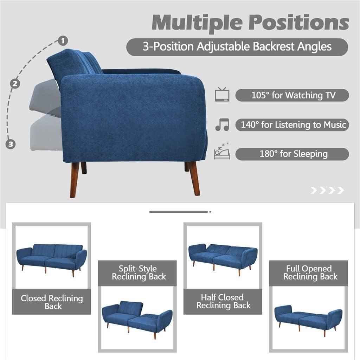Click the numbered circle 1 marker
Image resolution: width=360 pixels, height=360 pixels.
coord(63,41)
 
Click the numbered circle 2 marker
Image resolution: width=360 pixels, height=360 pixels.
coord(14,84)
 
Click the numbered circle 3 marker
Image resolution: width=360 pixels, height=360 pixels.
coord(11,144)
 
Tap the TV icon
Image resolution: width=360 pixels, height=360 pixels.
coord(222,95)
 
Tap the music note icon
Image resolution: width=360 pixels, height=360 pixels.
coord(222,124)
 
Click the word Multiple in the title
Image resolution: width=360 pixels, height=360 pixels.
coord(197,22)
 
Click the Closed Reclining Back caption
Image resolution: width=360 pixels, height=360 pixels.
coord(52,302)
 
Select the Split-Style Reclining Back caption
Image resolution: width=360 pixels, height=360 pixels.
coord(137,273)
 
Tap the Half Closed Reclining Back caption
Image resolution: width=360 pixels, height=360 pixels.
coord(223,302)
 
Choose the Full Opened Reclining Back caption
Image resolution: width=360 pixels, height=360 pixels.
coord(309,273)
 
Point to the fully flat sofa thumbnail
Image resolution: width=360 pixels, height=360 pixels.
coord(309,317)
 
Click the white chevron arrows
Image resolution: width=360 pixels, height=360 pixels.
coord(327,191)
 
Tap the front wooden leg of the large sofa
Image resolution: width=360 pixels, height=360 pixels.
coord(194,179)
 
